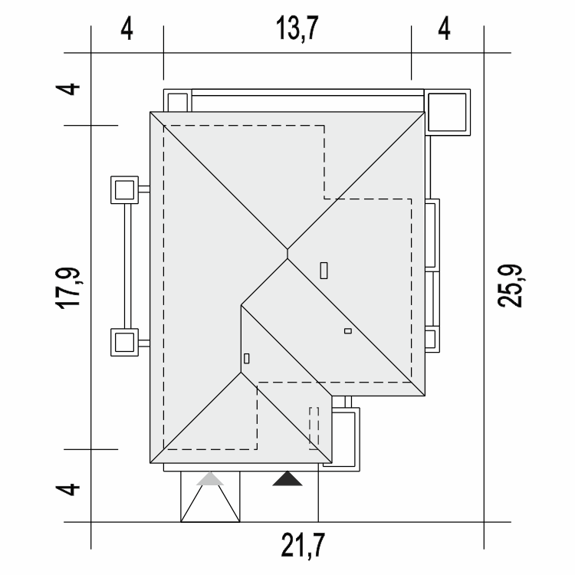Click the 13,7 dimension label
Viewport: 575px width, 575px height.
[x=297, y=28]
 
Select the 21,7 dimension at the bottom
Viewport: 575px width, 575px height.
[x=303, y=545]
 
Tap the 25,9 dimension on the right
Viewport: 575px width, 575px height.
[x=509, y=285]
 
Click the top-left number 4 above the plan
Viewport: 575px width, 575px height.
[x=127, y=29]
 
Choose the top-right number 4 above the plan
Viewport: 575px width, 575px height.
[x=444, y=29]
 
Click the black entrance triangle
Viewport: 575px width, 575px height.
[x=287, y=479]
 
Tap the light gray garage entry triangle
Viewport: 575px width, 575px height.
[x=210, y=479]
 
